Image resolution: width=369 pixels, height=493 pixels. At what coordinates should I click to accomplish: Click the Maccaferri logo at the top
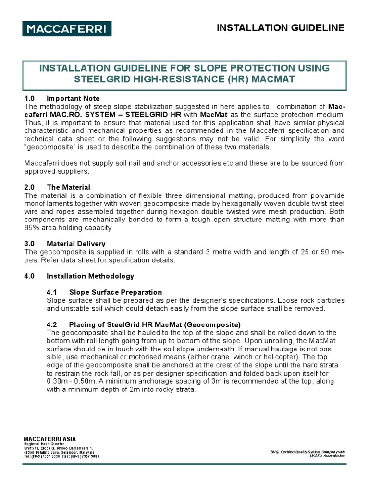coord(67,29)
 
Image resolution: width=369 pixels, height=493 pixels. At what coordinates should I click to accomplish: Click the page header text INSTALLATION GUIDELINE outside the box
coord(281,28)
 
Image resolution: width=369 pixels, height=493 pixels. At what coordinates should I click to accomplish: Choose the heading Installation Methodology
coord(90,276)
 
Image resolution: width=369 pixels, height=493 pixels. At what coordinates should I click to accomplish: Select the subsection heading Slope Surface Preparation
coord(115,292)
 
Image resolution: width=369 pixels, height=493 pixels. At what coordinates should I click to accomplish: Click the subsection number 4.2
coord(52,324)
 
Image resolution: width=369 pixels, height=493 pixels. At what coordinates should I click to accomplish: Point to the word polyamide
coord(327,195)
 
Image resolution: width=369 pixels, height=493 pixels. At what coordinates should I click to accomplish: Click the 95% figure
coord(33,228)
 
